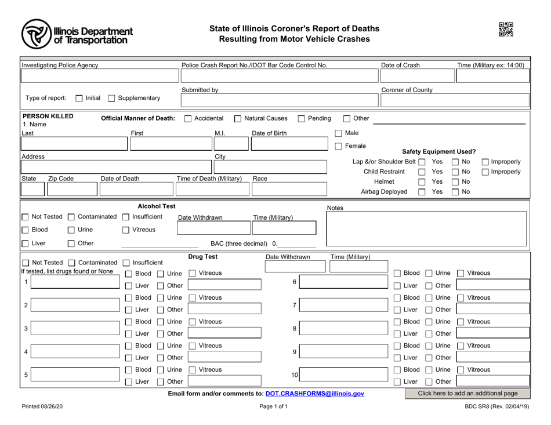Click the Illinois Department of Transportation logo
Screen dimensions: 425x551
77,33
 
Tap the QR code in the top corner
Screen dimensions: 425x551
506,30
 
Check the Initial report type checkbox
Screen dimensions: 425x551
77,97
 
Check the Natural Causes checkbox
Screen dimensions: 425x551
238,119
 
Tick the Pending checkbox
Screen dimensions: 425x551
302,119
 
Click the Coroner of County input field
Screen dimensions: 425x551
454,101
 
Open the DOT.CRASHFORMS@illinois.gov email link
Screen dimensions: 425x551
315,394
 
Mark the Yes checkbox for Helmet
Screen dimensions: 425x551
423,182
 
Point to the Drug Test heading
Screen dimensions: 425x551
203,256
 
